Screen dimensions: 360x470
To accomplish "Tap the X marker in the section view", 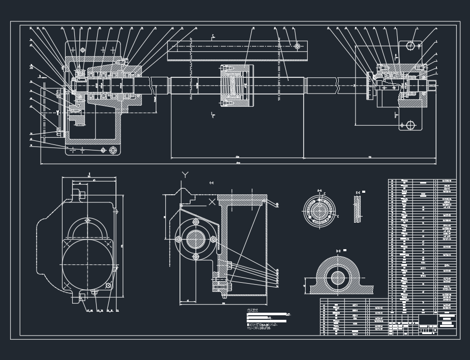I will pyautogui.click(x=212, y=202).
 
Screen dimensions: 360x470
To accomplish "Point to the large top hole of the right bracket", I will pyautogui.click(x=410, y=46).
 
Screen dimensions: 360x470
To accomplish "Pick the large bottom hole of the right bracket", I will pyautogui.click(x=409, y=125).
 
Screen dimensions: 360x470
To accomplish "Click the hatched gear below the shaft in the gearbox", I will pyautogui.click(x=77, y=120).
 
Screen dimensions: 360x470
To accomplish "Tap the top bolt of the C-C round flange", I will pyautogui.click(x=195, y=222).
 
